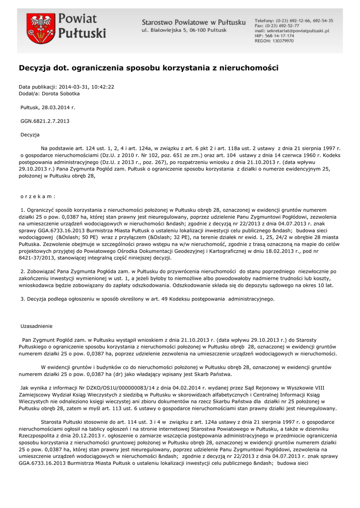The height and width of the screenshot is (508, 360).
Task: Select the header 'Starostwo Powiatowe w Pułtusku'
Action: tap(194, 22)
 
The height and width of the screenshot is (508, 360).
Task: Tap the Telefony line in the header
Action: tap(293, 20)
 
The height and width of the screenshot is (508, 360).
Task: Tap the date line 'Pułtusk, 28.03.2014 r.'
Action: tap(48, 107)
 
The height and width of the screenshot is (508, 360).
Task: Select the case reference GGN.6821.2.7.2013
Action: tap(44, 121)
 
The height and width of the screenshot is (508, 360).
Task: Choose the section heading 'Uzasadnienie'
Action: tap(36, 326)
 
